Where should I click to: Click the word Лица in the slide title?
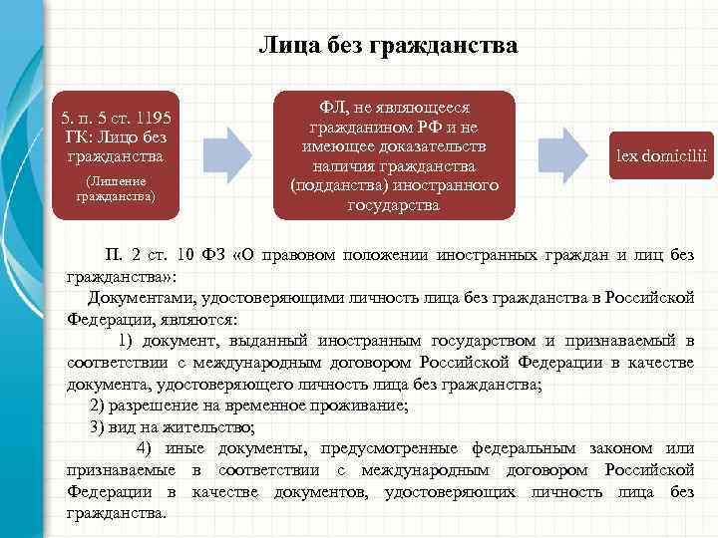pos(284,46)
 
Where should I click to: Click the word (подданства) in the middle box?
pos(338,186)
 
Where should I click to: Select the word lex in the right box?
pos(629,156)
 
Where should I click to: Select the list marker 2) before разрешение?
pos(98,406)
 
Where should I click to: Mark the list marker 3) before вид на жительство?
pos(98,427)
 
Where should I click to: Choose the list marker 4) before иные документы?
pos(145,449)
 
